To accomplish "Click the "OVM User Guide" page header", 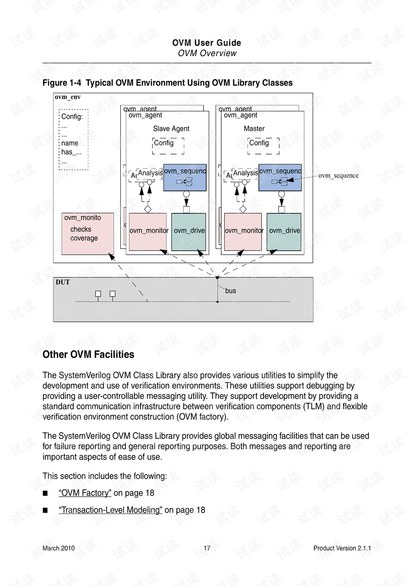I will click(x=207, y=43).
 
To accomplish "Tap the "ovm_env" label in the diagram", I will click(x=68, y=97).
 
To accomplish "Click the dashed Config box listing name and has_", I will click(x=73, y=139).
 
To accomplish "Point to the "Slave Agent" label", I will click(x=171, y=129).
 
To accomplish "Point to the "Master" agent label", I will click(x=254, y=129).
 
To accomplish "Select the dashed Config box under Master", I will click(x=263, y=146).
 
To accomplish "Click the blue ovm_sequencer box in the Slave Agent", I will click(x=185, y=177).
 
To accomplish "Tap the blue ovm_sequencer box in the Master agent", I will click(x=280, y=177).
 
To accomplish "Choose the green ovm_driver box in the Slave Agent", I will click(x=188, y=232).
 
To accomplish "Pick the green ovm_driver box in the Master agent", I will click(x=284, y=232).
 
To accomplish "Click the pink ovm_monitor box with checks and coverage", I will click(x=88, y=233).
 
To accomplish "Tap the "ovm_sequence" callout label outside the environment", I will click(x=338, y=175).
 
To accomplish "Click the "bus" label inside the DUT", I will click(x=230, y=291).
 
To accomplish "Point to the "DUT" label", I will click(x=63, y=282).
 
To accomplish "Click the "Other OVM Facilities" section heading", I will click(x=88, y=355).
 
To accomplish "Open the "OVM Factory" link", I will click(x=85, y=493).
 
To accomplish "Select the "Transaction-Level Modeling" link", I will click(x=110, y=510).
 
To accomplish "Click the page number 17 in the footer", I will click(x=207, y=548).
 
